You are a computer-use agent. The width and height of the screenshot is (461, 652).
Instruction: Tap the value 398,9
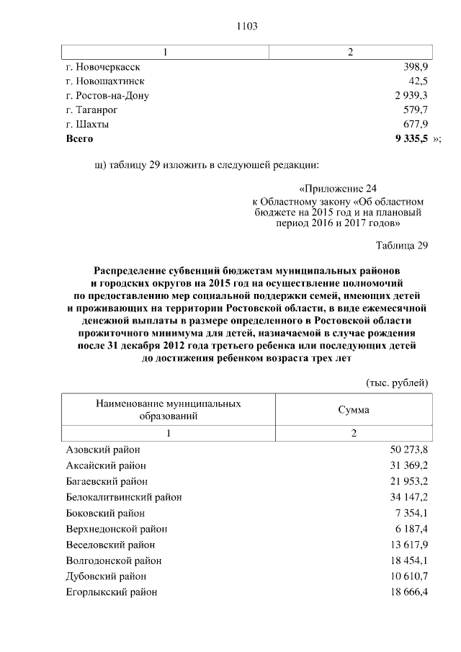[x=414, y=66]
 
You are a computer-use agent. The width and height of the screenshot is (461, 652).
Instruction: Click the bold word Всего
[x=79, y=138]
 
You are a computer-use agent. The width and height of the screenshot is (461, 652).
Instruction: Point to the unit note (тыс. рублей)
[x=397, y=382]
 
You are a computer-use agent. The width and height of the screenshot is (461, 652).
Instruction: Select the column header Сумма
[x=354, y=409]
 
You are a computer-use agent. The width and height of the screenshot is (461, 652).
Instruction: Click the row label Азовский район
[x=102, y=450]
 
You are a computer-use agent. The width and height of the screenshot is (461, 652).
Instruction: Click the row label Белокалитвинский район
[x=123, y=497]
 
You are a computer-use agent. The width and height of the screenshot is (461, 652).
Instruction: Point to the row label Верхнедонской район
[x=116, y=529]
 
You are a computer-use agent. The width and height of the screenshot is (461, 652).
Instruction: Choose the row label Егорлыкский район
[x=112, y=592]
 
